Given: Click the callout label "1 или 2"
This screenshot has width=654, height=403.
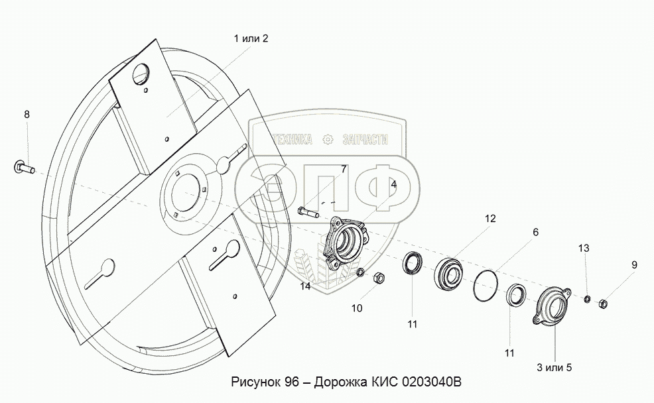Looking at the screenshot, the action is coord(251,38).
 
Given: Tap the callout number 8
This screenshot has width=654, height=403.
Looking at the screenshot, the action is coord(27,114).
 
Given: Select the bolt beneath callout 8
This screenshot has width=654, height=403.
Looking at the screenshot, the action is coord(25,166).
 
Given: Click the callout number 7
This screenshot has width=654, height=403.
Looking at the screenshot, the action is coord(344,169).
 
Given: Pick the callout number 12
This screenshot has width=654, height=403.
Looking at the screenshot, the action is coord(490,217).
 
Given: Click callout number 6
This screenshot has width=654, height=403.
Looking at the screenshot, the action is coord(535,232).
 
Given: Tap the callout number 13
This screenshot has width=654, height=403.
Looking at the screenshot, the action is coord(583,248).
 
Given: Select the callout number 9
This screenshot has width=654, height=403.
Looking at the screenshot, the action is coord(633,265).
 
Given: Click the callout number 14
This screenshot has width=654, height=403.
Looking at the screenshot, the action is coord(304,286).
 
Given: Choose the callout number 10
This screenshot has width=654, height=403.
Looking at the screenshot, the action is coord(357,308).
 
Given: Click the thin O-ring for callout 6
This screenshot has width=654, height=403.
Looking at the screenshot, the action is coord(489,286).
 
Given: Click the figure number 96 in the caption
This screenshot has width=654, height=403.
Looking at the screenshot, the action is coord(291,383).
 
